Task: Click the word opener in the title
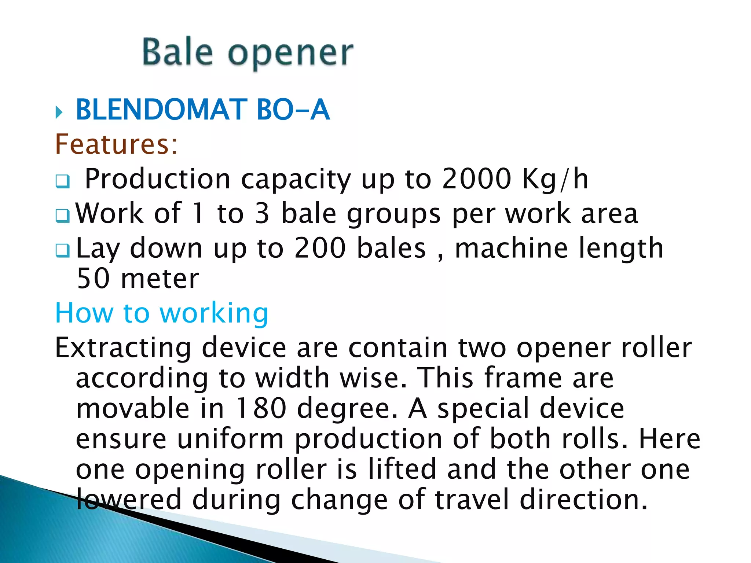(x=290, y=54)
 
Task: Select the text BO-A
(x=293, y=110)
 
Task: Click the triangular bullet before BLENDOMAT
(x=59, y=112)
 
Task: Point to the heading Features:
(x=116, y=144)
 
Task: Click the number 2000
(x=476, y=179)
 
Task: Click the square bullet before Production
(x=62, y=181)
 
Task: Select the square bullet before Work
(x=62, y=216)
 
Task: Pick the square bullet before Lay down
(x=62, y=250)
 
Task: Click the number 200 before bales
(x=320, y=248)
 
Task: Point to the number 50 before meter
(x=94, y=279)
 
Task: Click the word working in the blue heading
(x=214, y=314)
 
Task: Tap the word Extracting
(x=123, y=348)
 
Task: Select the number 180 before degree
(x=261, y=408)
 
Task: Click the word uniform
(x=230, y=439)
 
